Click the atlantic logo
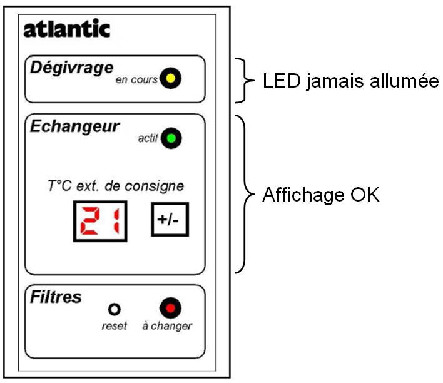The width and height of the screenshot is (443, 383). coord(66,29)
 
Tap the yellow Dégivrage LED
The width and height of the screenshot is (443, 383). coord(169,79)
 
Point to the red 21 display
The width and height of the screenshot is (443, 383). coord(99,221)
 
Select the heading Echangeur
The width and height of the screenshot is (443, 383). coord(74,126)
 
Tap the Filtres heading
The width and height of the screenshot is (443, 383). coord(56,297)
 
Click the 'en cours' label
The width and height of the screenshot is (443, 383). coord(136,81)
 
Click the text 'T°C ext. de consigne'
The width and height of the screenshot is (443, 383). coord(116,186)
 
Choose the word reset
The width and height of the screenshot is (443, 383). coord(115,326)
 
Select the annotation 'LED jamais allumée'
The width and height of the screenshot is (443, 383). coord(351,81)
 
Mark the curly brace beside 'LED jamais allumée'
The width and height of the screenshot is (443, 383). coord(243,80)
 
